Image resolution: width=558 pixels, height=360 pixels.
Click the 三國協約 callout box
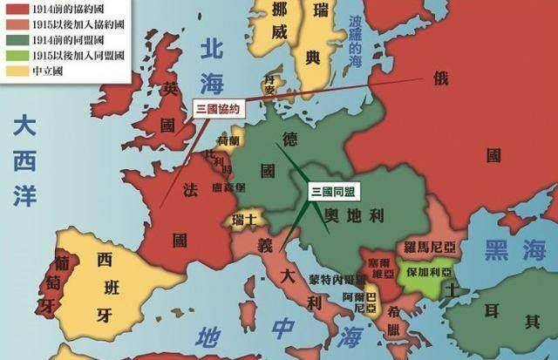click(x=217, y=109)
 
